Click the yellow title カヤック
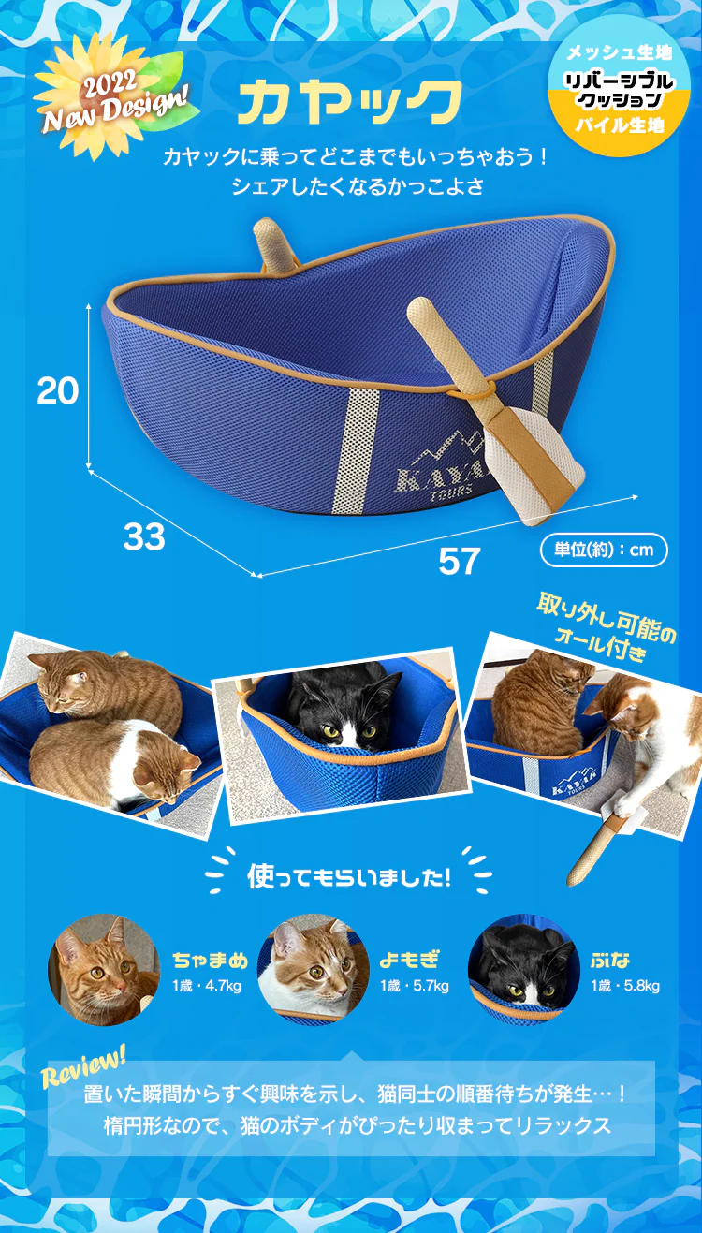350,102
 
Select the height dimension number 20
58,390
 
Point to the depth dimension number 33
143,536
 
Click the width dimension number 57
460,561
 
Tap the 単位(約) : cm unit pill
604,550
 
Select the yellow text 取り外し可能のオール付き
605,627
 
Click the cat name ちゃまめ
211,960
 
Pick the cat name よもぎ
410,960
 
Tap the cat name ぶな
610,960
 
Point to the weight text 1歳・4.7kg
207,985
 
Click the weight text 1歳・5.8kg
625,985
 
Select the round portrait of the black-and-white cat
524,970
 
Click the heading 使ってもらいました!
349,876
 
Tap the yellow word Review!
83,1066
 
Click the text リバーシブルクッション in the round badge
620,90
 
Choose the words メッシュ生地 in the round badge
620,52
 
